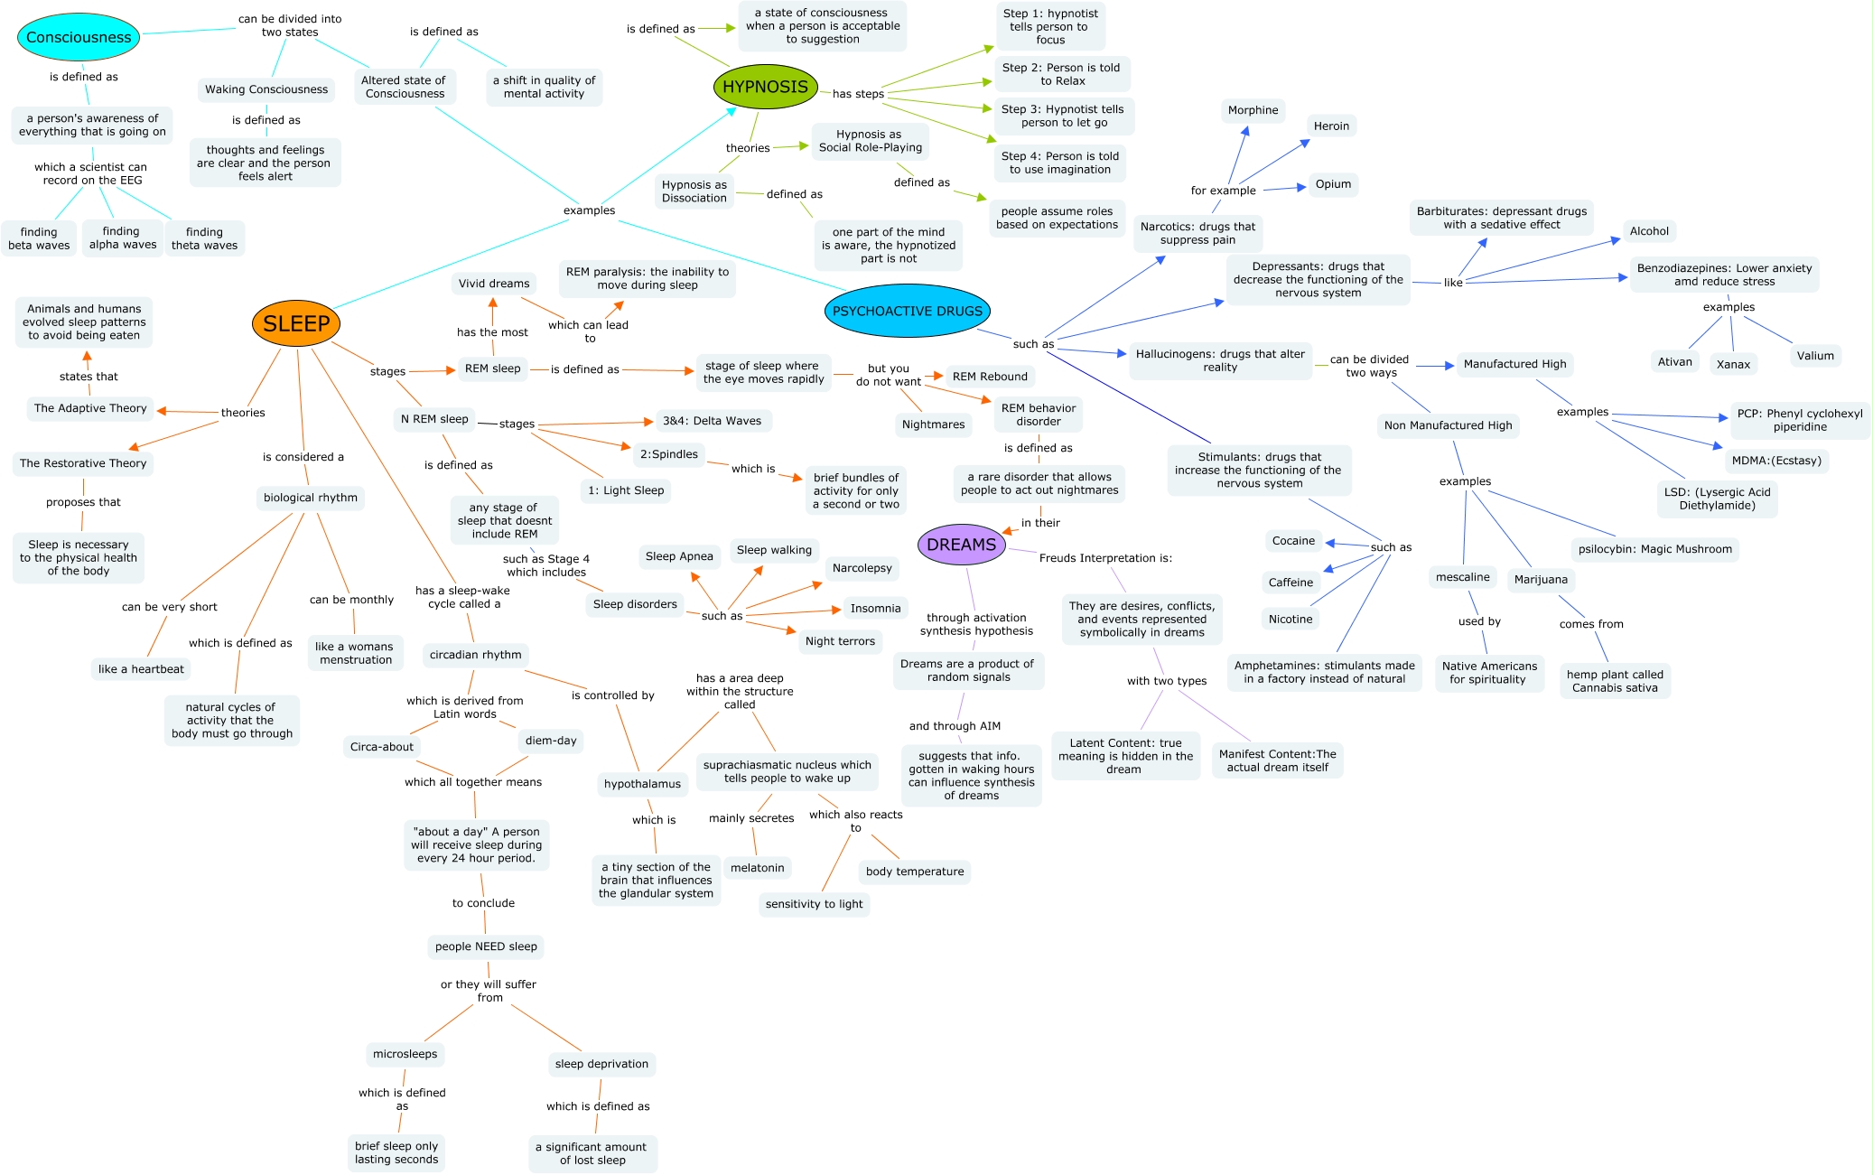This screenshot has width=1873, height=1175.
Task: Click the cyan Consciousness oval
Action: (x=79, y=37)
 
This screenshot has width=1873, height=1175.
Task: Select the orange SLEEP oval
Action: (x=296, y=323)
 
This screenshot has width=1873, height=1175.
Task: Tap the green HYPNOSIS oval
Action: (x=765, y=87)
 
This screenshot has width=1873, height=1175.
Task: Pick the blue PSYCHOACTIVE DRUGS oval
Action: (x=907, y=311)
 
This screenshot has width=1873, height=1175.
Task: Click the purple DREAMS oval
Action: (x=961, y=545)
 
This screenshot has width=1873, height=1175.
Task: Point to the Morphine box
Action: (x=1253, y=110)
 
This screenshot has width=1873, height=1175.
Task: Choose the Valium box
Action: (x=1814, y=356)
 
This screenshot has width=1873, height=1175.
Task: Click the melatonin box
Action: (x=757, y=868)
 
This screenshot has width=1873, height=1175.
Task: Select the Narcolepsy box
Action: (x=862, y=568)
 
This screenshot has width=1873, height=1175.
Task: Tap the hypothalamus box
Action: (x=642, y=784)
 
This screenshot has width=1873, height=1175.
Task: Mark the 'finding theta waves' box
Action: (x=204, y=238)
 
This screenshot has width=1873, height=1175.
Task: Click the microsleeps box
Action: (x=405, y=1054)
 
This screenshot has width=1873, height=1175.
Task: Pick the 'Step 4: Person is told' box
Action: (x=1059, y=163)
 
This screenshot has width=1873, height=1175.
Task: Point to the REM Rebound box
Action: (x=990, y=377)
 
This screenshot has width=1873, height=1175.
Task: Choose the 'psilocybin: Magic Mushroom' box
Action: (x=1654, y=549)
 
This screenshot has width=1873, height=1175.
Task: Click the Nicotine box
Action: (x=1290, y=619)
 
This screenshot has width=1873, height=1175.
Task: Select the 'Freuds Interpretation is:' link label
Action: (x=1105, y=558)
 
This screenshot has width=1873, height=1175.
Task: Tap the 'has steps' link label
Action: (x=858, y=94)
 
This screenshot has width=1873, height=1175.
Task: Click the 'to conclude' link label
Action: (x=483, y=903)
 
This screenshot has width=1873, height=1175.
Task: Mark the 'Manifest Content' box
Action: (x=1277, y=760)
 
